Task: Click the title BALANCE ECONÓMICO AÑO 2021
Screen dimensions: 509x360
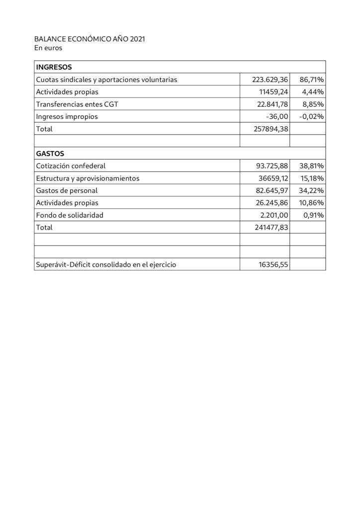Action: coord(90,39)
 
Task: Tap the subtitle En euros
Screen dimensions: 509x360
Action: coord(48,48)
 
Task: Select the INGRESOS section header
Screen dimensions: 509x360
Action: coord(54,67)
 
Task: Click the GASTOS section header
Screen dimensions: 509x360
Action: coord(50,154)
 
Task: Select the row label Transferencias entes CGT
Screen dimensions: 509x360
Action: coord(77,104)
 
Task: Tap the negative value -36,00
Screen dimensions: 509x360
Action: coord(277,116)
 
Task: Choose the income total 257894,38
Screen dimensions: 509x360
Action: coord(271,129)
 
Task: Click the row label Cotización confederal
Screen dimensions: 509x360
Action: coord(71,166)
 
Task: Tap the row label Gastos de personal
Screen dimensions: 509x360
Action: coord(67,190)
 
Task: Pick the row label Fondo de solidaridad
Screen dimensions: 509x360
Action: coord(70,215)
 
